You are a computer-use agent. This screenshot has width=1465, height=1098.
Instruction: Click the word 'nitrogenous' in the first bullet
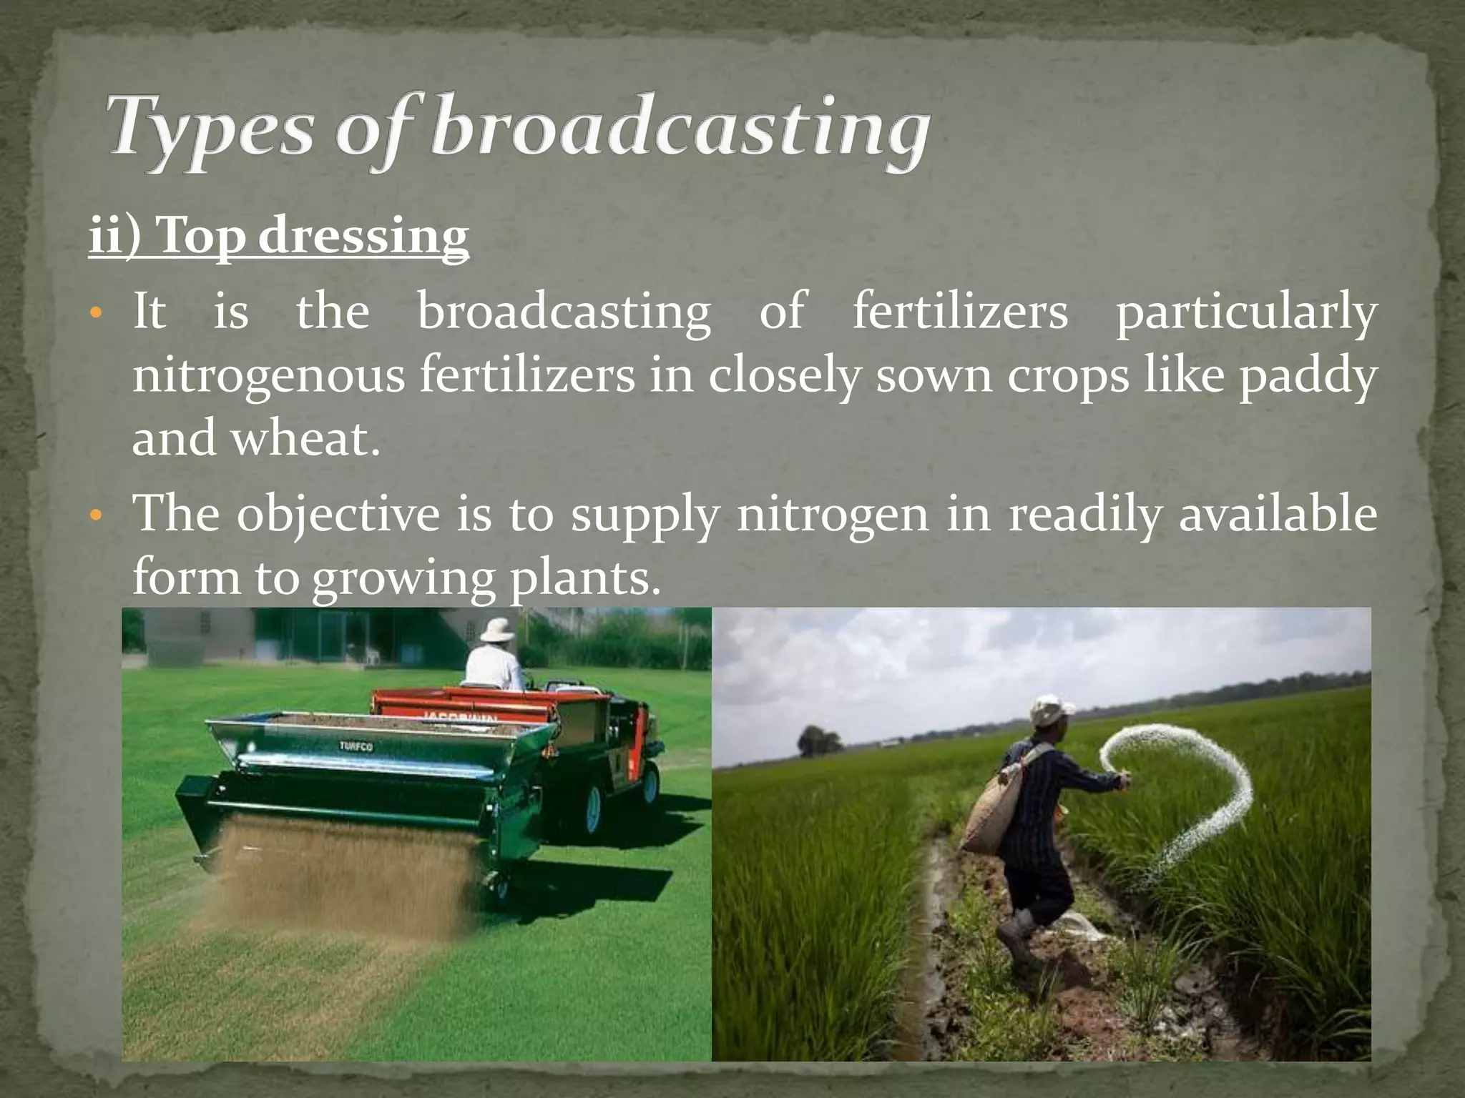pyautogui.click(x=268, y=376)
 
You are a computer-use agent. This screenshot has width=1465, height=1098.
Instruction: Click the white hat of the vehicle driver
pyautogui.click(x=496, y=629)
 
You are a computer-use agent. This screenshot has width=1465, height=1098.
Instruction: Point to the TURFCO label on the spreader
pyautogui.click(x=356, y=746)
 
